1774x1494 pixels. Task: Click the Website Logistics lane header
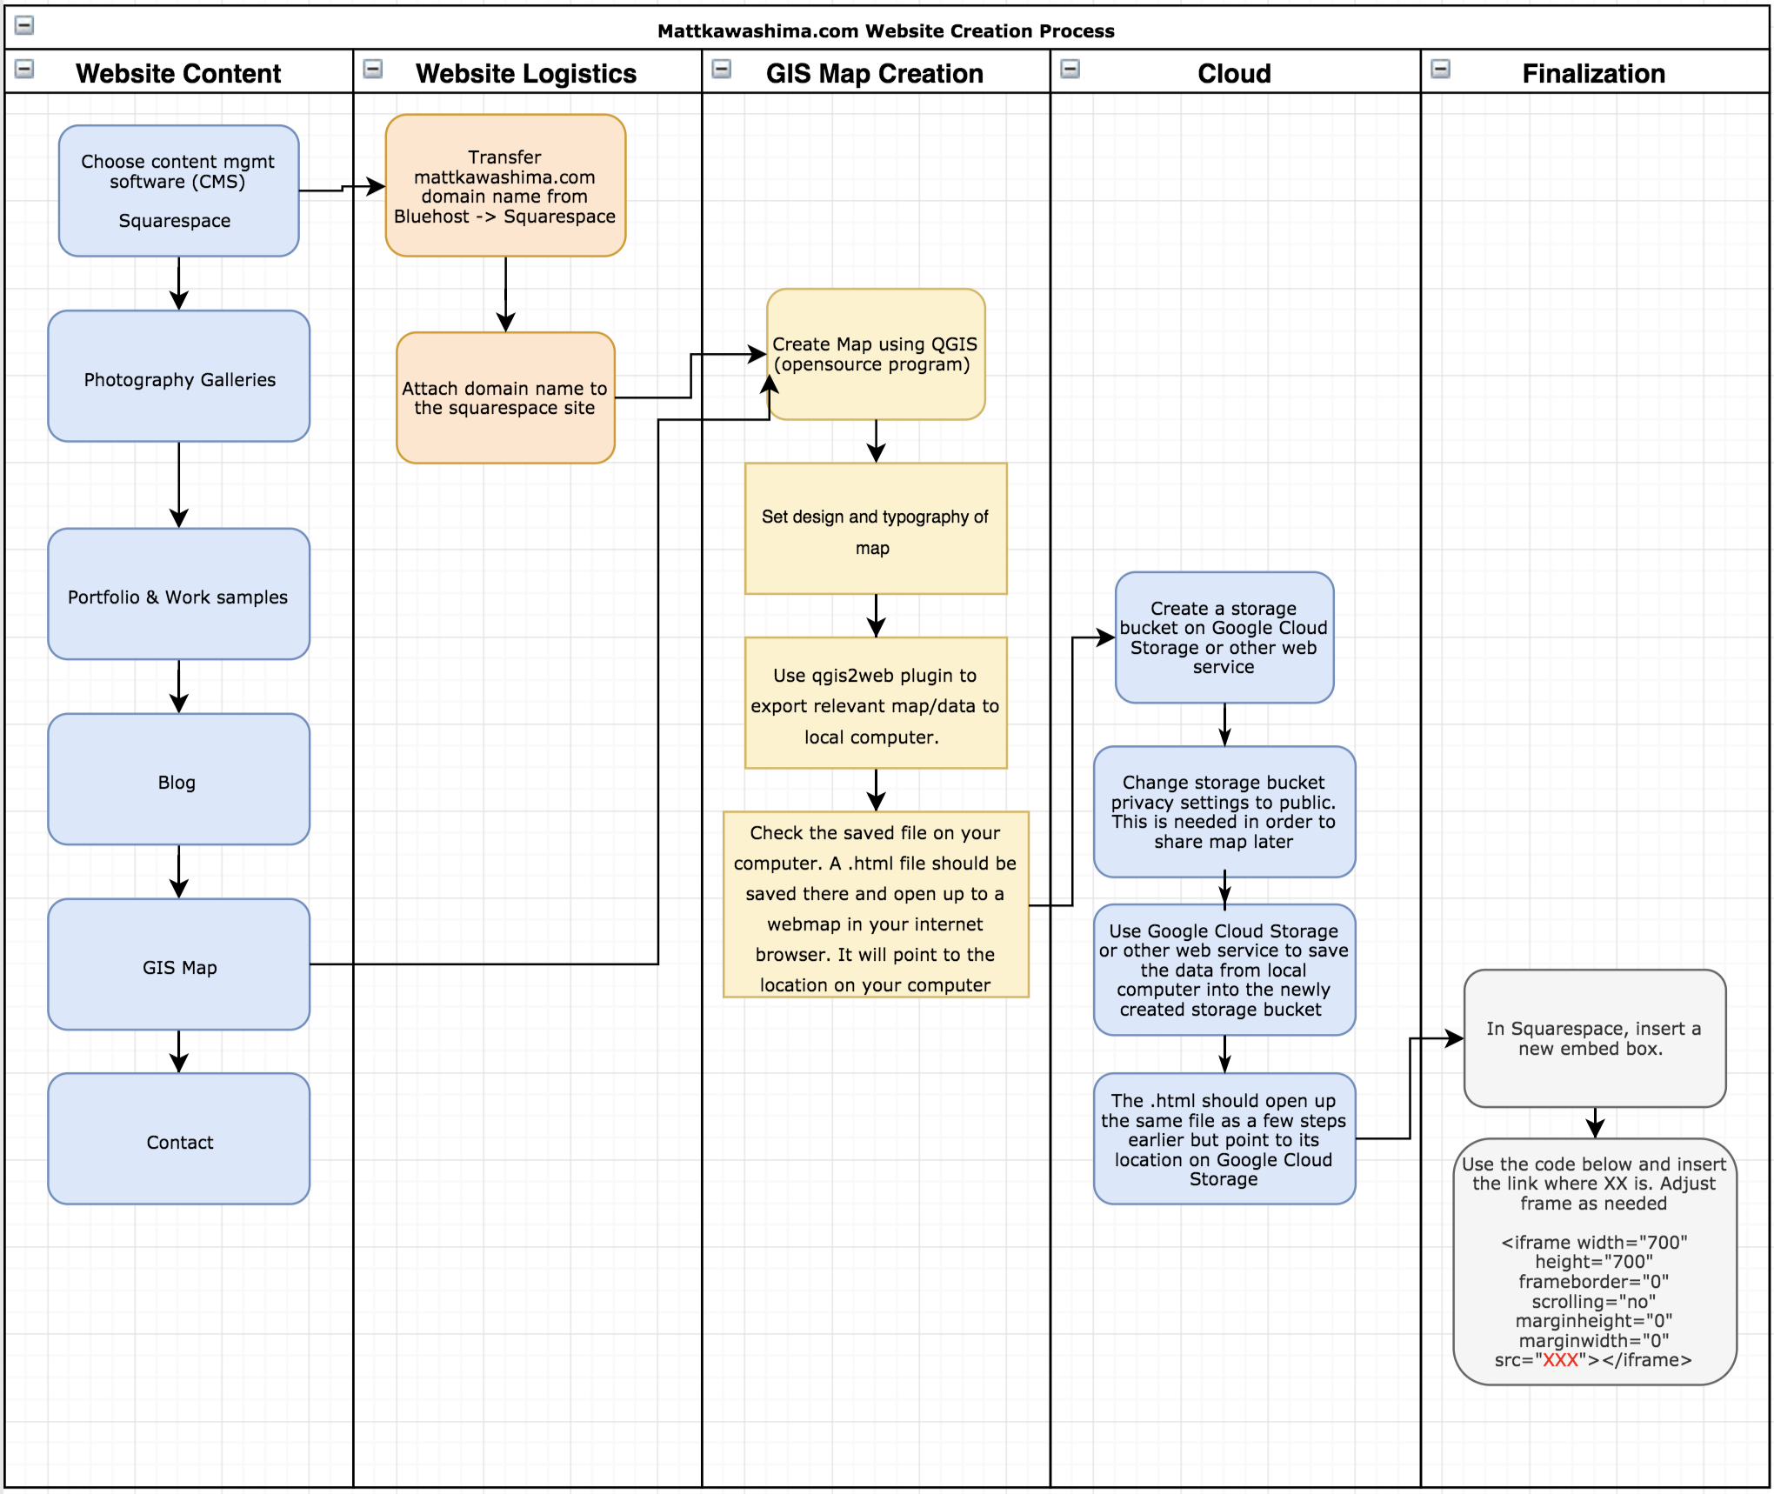click(x=525, y=73)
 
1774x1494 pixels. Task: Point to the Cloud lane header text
click(x=1233, y=73)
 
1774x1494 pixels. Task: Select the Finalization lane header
click(x=1592, y=73)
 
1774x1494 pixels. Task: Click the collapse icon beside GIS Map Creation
click(x=721, y=69)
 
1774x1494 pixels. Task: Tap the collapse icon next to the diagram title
click(x=24, y=25)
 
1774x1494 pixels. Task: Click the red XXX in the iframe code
click(x=1560, y=1360)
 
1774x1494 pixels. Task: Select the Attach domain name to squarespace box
click(x=505, y=397)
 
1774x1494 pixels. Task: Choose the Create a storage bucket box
click(x=1224, y=637)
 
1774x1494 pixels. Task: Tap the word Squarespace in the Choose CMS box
click(x=175, y=221)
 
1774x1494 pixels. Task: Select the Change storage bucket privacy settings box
click(x=1224, y=811)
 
